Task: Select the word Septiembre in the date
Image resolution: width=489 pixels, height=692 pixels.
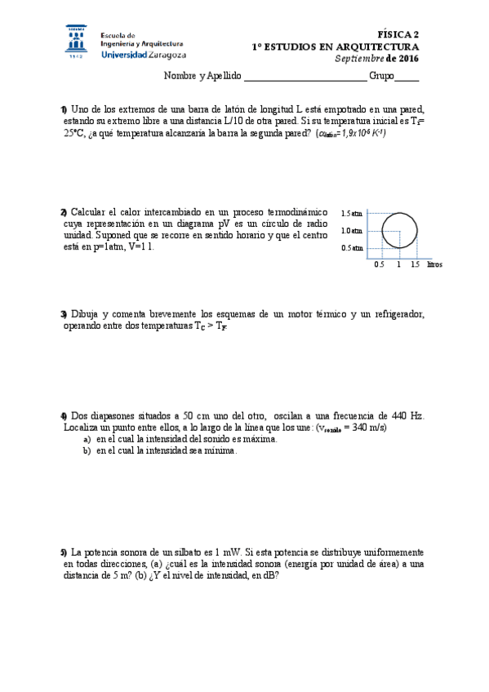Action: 359,59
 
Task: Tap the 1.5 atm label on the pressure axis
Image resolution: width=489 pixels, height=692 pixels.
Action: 352,213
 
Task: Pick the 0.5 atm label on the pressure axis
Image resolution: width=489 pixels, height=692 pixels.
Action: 352,248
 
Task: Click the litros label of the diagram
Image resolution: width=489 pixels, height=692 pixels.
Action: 434,265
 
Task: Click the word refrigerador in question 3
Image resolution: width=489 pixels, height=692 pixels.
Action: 398,314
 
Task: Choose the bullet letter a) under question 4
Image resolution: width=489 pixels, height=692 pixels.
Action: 87,439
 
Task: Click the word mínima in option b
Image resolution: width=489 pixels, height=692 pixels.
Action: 220,450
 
